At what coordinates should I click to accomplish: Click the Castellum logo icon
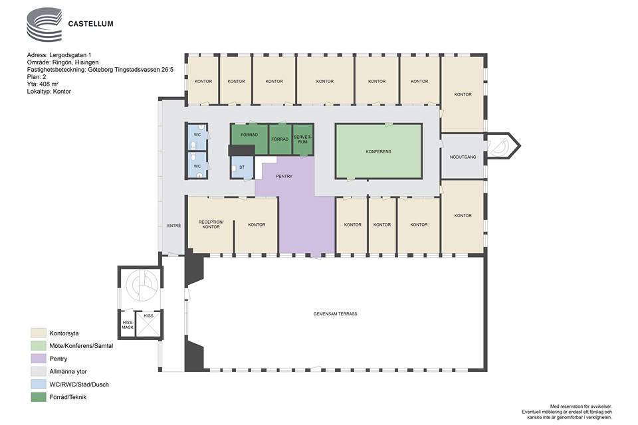(x=45, y=24)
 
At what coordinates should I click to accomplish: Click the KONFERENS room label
(x=378, y=151)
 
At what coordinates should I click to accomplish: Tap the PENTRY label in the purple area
(x=284, y=176)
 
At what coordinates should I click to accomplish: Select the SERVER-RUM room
(x=303, y=139)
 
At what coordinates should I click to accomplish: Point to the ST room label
(x=242, y=167)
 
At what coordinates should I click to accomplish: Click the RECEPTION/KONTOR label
(x=211, y=224)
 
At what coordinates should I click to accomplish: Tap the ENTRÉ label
(x=174, y=225)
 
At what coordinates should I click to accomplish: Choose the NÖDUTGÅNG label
(x=463, y=157)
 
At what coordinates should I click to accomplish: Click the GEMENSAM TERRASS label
(x=335, y=313)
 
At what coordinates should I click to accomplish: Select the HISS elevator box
(x=148, y=324)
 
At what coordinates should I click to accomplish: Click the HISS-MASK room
(x=128, y=324)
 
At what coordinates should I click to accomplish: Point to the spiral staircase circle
(x=142, y=284)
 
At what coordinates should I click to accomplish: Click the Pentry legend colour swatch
(x=39, y=359)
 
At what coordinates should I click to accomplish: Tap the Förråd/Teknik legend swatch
(x=39, y=397)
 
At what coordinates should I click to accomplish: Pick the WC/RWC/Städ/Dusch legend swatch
(x=39, y=384)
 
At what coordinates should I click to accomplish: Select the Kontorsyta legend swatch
(x=39, y=333)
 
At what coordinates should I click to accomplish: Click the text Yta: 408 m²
(x=43, y=84)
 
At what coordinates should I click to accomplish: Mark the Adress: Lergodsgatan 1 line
(x=62, y=55)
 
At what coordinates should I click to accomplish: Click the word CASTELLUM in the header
(x=91, y=24)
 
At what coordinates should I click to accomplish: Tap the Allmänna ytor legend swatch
(x=39, y=371)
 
